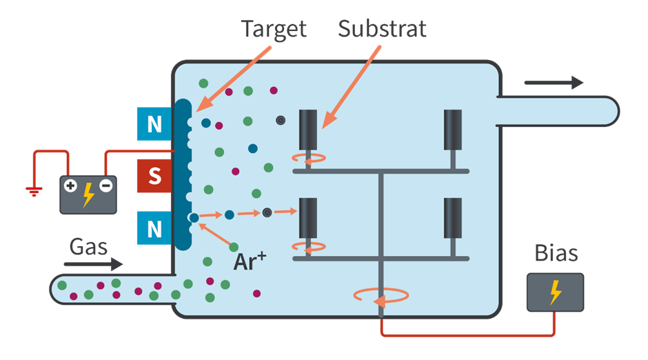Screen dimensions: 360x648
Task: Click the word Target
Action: coord(273,28)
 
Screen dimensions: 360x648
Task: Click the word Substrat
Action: coord(382,28)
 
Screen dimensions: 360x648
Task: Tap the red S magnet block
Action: coord(154,175)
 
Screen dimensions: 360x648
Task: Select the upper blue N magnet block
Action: coord(154,124)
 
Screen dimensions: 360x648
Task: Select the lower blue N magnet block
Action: coord(154,226)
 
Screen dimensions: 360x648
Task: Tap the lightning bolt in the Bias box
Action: coord(555,292)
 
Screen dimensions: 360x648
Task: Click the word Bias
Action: coord(556,253)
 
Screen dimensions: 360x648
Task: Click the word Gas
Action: coord(88,246)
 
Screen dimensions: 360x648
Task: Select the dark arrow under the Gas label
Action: coord(93,264)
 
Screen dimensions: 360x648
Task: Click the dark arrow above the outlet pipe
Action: coord(554,83)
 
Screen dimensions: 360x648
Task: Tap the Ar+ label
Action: coord(250,261)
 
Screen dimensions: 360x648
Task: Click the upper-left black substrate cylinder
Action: coord(308,130)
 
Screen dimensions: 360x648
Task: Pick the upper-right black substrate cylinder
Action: coord(453,130)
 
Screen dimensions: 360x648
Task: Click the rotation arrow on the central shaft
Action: coord(381,295)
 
